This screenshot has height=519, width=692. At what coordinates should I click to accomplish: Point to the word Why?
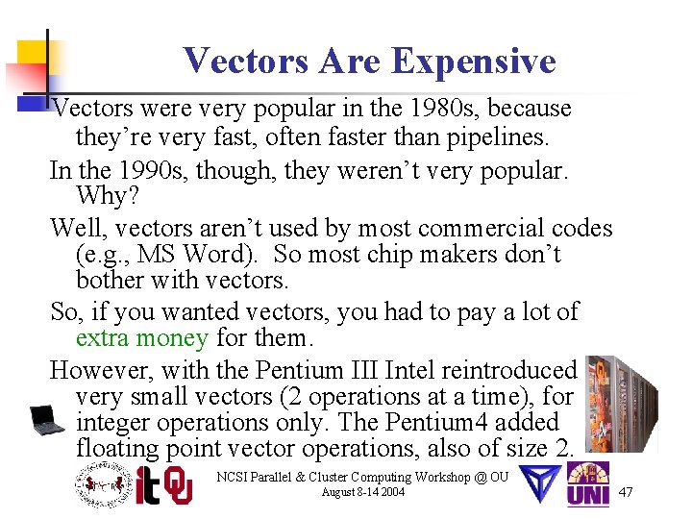pos(103,197)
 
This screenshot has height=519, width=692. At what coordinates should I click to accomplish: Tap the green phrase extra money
pos(141,337)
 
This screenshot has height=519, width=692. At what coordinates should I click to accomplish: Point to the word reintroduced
pos(513,369)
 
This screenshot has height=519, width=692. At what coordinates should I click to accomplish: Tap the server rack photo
pos(622,404)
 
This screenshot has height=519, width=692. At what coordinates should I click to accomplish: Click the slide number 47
pos(626,492)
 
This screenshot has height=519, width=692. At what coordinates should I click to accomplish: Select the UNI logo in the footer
pos(587,484)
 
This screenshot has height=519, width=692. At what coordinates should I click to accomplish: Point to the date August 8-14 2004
pos(362,492)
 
